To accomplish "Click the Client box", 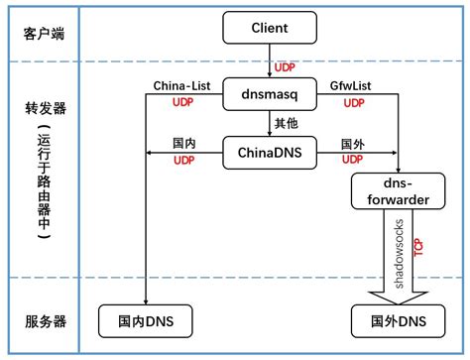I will click(x=269, y=29).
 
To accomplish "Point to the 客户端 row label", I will click(x=46, y=34).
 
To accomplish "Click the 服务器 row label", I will click(x=46, y=320).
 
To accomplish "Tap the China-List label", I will click(x=181, y=87).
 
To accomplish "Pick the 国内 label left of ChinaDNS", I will click(x=183, y=144).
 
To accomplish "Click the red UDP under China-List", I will click(x=183, y=102).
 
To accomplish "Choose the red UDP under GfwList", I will click(x=355, y=102).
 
